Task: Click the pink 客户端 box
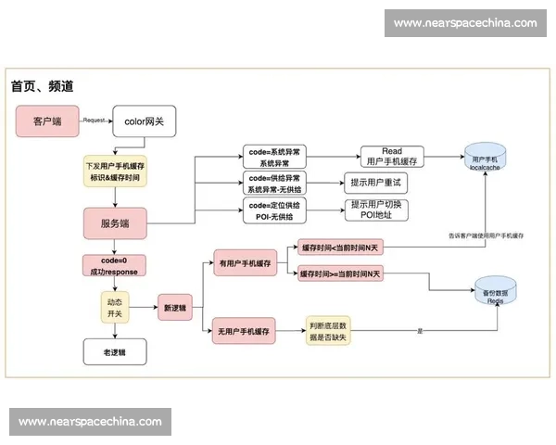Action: pyautogui.click(x=48, y=121)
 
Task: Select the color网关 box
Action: pyautogui.click(x=144, y=121)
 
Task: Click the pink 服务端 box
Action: pyautogui.click(x=115, y=223)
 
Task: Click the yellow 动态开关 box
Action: pyautogui.click(x=115, y=307)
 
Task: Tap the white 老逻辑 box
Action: pyautogui.click(x=115, y=351)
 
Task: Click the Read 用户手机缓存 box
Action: pyautogui.click(x=392, y=157)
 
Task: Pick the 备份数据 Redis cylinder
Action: pyautogui.click(x=495, y=293)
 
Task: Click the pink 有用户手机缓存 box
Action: pyautogui.click(x=247, y=261)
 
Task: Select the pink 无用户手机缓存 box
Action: pyautogui.click(x=247, y=331)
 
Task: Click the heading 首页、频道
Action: pyautogui.click(x=43, y=85)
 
